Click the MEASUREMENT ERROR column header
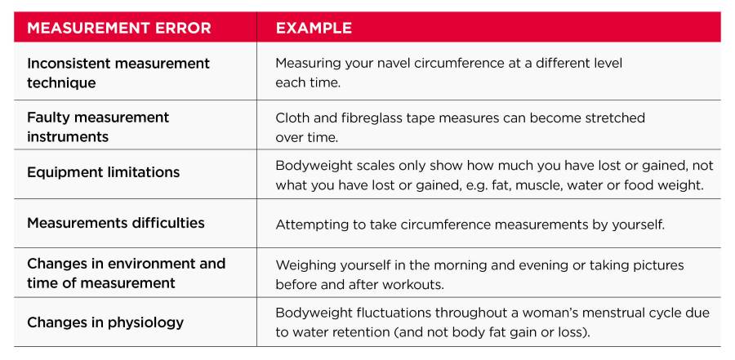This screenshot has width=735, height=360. (x=119, y=28)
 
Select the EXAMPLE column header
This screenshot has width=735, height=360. (x=314, y=28)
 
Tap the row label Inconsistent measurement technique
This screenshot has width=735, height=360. (x=118, y=73)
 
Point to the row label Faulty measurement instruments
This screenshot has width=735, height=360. (x=98, y=127)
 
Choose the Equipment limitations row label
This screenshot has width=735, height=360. (x=103, y=172)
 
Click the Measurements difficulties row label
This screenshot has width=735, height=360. (x=116, y=222)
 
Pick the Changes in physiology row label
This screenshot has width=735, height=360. (x=105, y=322)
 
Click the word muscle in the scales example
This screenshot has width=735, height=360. (x=540, y=185)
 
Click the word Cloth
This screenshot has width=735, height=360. (x=291, y=118)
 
